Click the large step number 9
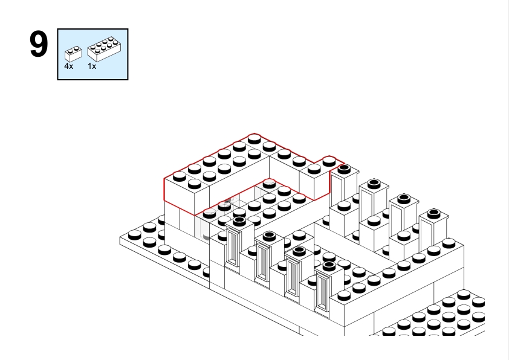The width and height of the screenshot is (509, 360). (x=39, y=46)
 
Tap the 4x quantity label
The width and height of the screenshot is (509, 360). (x=69, y=66)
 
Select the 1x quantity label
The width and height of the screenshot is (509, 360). (x=92, y=66)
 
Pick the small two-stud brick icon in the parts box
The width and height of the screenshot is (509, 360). (x=73, y=53)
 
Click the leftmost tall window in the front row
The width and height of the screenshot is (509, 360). (x=233, y=248)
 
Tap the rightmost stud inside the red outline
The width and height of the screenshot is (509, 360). (x=329, y=161)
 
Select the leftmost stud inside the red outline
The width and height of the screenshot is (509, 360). (x=179, y=177)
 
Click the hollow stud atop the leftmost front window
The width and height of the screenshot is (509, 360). (x=239, y=221)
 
